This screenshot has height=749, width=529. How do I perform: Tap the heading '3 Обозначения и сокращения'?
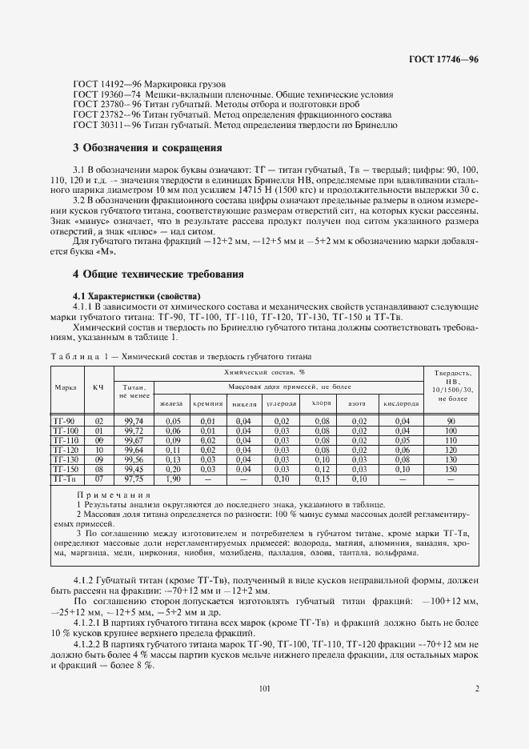(x=147, y=148)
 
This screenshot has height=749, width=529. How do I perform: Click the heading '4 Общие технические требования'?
(x=158, y=274)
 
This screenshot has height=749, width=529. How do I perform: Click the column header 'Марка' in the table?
(x=65, y=387)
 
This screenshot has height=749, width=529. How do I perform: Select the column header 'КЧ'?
(x=98, y=387)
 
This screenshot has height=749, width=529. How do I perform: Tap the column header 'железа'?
(x=173, y=403)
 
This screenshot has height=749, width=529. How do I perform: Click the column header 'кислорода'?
(x=402, y=403)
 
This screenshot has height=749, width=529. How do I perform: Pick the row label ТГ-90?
(x=64, y=421)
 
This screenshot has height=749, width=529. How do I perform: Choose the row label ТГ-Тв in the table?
(x=64, y=479)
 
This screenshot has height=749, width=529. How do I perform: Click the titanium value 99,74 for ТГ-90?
(x=133, y=421)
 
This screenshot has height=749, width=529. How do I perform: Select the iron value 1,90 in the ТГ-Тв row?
(x=173, y=479)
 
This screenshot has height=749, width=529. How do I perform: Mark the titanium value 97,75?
(x=133, y=479)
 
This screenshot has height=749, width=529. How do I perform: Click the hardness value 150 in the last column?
(x=451, y=469)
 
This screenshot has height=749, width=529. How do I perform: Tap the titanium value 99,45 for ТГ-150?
(x=133, y=469)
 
